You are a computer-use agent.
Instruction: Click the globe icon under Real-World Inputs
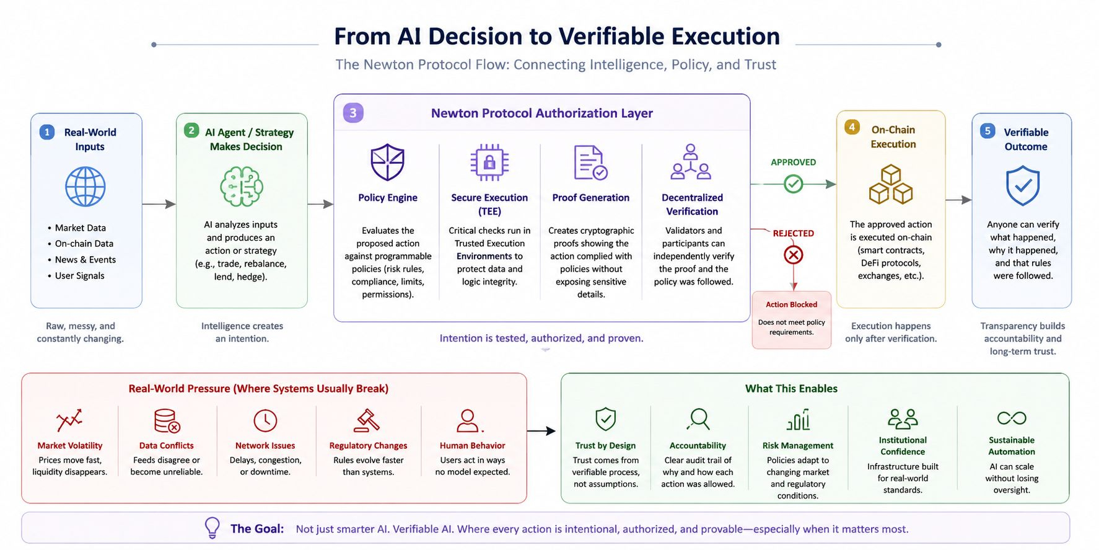pos(85,186)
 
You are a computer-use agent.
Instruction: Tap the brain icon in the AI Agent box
pos(242,186)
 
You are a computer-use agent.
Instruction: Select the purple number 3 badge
pos(353,113)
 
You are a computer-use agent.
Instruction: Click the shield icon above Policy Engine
pos(388,162)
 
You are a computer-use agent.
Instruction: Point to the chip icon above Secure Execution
pos(489,162)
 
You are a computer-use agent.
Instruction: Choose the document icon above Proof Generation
pos(590,162)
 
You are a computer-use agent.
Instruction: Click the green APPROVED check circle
pos(794,184)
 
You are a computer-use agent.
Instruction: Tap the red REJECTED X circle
pos(794,254)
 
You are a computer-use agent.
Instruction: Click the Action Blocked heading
pos(791,304)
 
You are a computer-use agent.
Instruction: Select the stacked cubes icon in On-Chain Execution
pos(891,185)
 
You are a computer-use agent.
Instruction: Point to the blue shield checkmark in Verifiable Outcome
pos(1023,185)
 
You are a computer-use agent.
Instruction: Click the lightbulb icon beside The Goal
pos(212,528)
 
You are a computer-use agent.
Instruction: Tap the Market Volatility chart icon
pos(69,420)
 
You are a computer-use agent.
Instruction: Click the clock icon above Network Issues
pos(265,420)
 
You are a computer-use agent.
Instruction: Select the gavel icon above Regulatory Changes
pos(367,420)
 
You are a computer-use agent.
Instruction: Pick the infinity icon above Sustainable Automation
pos(1012,418)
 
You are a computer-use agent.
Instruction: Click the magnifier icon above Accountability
pos(698,419)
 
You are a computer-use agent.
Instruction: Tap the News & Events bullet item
pos(85,260)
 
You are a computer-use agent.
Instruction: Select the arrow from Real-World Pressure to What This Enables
pos(541,431)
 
